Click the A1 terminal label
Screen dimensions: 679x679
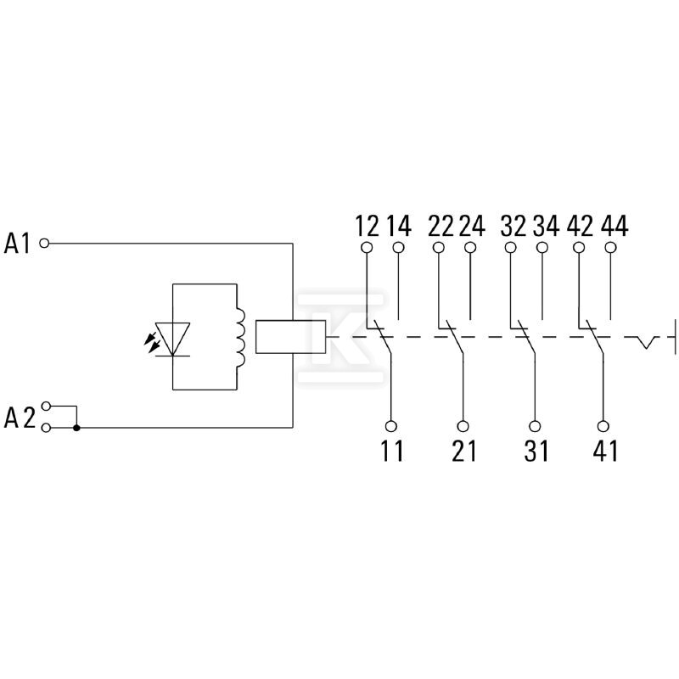point(17,243)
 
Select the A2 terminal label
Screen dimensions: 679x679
point(20,418)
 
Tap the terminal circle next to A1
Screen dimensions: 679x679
point(44,244)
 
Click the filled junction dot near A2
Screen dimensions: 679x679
point(76,428)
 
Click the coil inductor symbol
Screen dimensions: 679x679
point(240,337)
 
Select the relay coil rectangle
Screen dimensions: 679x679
point(290,337)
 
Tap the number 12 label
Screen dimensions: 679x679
point(368,226)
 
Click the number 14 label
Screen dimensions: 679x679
point(399,226)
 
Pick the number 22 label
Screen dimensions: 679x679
point(441,226)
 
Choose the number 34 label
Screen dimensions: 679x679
point(546,226)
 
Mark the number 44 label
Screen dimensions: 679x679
point(614,226)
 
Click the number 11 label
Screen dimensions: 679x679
point(392,451)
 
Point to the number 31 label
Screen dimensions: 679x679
point(536,451)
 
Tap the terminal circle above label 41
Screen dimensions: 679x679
point(603,427)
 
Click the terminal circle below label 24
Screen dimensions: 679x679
point(470,248)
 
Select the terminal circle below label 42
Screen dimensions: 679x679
point(579,248)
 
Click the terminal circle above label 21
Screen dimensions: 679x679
point(463,427)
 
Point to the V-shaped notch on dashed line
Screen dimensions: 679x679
point(647,342)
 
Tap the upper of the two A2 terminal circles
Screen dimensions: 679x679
point(46,407)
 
